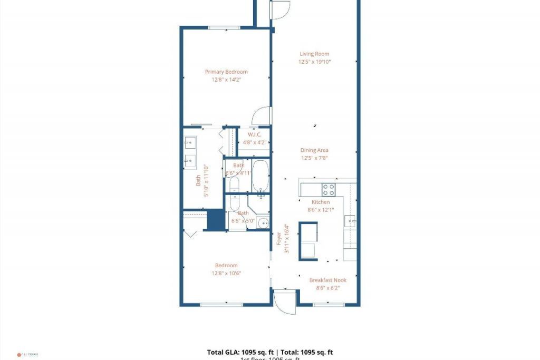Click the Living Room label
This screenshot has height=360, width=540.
(x=314, y=54)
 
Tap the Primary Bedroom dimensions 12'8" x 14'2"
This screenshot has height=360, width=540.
(x=226, y=80)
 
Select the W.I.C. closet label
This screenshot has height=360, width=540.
(x=254, y=134)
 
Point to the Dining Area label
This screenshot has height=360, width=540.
(x=314, y=150)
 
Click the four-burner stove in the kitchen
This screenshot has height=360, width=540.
(x=329, y=189)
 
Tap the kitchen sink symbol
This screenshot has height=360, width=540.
(x=350, y=220)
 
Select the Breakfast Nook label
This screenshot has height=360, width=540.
(x=328, y=280)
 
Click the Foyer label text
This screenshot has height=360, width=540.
(x=279, y=238)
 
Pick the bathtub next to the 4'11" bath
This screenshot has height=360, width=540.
(x=261, y=176)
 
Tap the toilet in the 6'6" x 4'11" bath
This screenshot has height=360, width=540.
(x=235, y=185)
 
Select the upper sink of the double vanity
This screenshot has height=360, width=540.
(x=190, y=142)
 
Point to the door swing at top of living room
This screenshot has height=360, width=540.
(x=280, y=10)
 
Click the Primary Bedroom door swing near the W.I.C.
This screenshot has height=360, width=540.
(x=262, y=117)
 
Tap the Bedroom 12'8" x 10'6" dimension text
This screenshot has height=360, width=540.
(x=226, y=273)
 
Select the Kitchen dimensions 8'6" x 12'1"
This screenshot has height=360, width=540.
(x=321, y=210)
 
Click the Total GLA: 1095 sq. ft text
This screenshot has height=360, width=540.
(x=240, y=352)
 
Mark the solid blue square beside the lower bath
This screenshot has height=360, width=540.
(x=216, y=220)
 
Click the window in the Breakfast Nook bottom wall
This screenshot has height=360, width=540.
(x=329, y=305)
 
